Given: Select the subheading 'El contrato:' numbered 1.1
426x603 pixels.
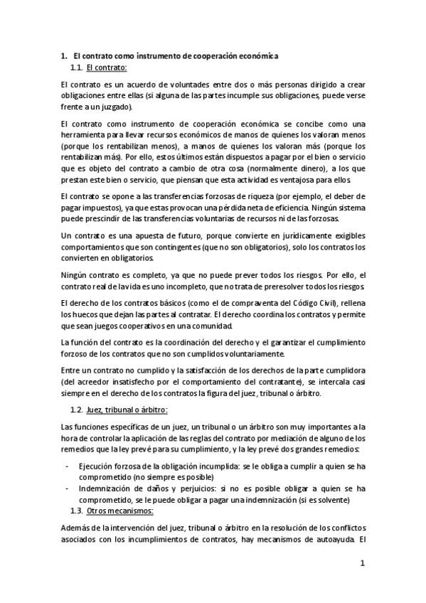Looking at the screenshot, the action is [x=106, y=68].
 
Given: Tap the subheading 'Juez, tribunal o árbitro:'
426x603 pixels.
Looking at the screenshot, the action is [x=127, y=410].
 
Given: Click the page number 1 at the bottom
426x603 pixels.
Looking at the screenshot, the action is [x=362, y=565].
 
